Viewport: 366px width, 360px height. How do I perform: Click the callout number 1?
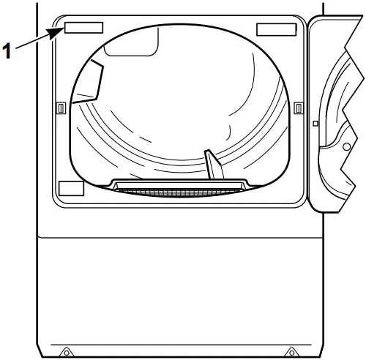click(7, 50)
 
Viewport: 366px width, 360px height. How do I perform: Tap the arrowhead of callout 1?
click(55, 33)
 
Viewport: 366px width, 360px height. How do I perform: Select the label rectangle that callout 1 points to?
click(83, 28)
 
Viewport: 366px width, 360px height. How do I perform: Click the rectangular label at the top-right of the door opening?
click(277, 29)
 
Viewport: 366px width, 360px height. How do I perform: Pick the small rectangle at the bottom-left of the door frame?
click(72, 188)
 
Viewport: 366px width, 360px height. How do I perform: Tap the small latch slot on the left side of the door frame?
click(61, 108)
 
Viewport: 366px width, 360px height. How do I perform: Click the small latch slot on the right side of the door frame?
click(299, 108)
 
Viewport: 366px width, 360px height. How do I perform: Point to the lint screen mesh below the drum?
click(179, 192)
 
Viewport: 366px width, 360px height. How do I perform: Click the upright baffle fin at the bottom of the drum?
click(214, 165)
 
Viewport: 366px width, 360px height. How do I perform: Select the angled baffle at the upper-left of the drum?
click(90, 83)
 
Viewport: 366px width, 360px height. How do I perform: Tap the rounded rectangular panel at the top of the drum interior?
click(132, 44)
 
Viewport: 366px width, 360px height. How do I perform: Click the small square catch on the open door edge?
click(315, 124)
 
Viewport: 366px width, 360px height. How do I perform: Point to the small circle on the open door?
click(346, 147)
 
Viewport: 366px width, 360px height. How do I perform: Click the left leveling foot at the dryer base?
click(66, 352)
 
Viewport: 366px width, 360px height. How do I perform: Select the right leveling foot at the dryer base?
click(291, 352)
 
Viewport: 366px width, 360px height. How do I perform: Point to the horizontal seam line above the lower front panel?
click(181, 237)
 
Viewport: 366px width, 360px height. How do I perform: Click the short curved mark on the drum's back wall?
click(229, 133)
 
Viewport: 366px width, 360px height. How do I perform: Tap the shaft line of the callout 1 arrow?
click(32, 42)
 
